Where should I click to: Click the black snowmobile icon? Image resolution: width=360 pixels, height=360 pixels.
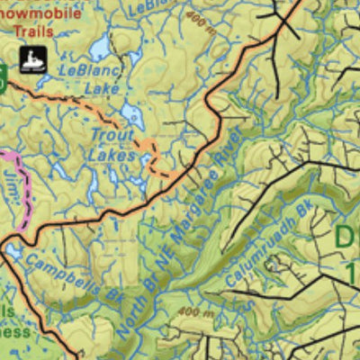point(33,58)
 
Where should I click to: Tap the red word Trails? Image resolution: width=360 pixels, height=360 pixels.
point(34,31)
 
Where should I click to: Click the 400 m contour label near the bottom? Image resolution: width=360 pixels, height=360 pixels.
point(193,313)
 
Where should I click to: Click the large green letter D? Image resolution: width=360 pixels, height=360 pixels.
point(346,239)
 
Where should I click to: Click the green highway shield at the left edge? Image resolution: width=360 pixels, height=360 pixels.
point(3,80)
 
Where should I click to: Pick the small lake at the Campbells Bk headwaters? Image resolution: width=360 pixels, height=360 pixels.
point(13,253)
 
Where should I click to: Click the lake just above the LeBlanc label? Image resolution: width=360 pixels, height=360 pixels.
point(96,49)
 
